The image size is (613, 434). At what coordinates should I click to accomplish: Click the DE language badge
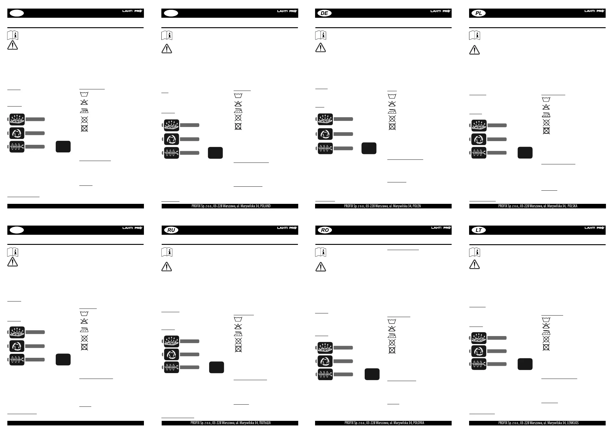pos(325,13)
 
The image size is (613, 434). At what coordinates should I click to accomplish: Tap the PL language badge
pos(479,13)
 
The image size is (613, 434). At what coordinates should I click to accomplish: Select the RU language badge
pos(171,230)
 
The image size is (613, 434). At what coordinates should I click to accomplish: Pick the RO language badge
pos(325,230)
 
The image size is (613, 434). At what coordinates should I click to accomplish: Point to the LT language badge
pos(479,230)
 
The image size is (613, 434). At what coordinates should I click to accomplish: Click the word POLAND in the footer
pos(265,206)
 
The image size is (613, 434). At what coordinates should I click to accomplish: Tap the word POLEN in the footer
pos(417,206)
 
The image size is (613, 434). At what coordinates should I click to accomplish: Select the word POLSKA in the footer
pos(572,206)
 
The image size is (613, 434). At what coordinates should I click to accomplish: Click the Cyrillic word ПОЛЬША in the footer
pos(265,423)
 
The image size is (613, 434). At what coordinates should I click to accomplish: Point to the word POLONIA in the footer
pos(419,423)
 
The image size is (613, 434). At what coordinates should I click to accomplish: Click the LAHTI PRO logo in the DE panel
pos(440,11)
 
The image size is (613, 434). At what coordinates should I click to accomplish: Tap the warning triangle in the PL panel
pos(474,50)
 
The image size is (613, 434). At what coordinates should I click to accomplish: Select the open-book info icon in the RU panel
pos(167,252)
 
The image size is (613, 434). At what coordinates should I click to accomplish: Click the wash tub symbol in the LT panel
pos(546,320)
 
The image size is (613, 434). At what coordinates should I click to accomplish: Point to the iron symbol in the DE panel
pos(392,111)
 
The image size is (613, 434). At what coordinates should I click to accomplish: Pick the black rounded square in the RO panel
pos(372,374)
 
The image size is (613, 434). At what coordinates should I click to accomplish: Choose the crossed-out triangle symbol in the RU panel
pos(238,326)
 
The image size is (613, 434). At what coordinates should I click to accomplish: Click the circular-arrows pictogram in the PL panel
pos(479,139)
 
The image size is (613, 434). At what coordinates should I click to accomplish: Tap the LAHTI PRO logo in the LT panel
pos(594,228)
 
